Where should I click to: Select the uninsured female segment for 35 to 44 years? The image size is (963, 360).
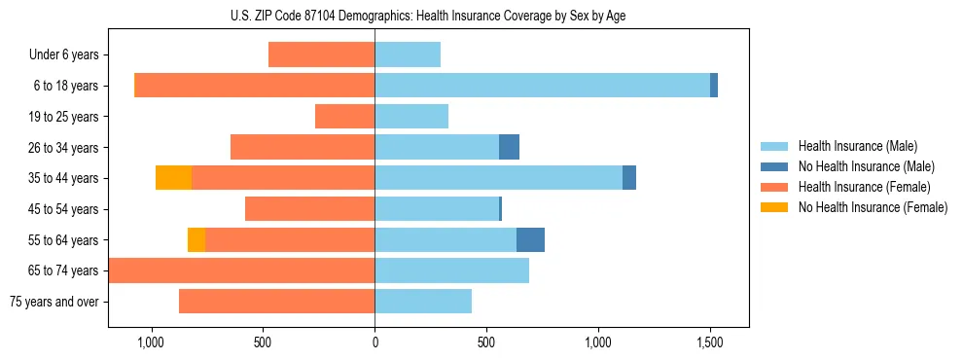pyautogui.click(x=173, y=178)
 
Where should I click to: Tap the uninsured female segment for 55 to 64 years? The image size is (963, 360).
pyautogui.click(x=196, y=239)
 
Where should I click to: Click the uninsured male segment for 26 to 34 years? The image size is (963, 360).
pyautogui.click(x=509, y=147)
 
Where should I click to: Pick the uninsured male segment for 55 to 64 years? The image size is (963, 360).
pyautogui.click(x=530, y=239)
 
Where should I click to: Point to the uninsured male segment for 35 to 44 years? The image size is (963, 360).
pyautogui.click(x=629, y=178)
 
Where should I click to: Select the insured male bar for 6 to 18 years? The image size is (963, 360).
pyautogui.click(x=542, y=86)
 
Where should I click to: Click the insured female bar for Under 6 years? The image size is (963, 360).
pyautogui.click(x=321, y=54)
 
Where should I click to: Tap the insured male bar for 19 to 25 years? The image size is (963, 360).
pyautogui.click(x=411, y=117)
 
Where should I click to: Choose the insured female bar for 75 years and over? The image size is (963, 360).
pyautogui.click(x=276, y=302)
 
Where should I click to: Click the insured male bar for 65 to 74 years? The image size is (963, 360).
pyautogui.click(x=451, y=270)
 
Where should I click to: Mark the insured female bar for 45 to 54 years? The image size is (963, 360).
pyautogui.click(x=309, y=209)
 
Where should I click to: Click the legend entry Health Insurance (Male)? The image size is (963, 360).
pyautogui.click(x=857, y=146)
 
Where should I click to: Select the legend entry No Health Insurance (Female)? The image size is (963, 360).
pyautogui.click(x=873, y=207)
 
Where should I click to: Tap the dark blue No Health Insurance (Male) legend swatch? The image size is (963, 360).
pyautogui.click(x=775, y=166)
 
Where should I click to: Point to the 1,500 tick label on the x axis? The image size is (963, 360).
pyautogui.click(x=709, y=343)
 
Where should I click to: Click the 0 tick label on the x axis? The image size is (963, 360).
pyautogui.click(x=374, y=343)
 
